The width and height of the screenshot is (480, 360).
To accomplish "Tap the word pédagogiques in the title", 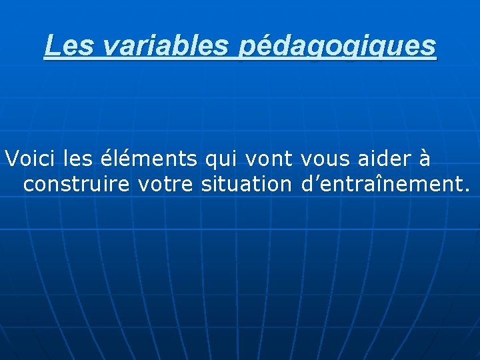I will tap(337, 47).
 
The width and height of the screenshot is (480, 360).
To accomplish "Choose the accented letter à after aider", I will tap(424, 159).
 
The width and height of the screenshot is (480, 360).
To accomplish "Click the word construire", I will tap(77, 185).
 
